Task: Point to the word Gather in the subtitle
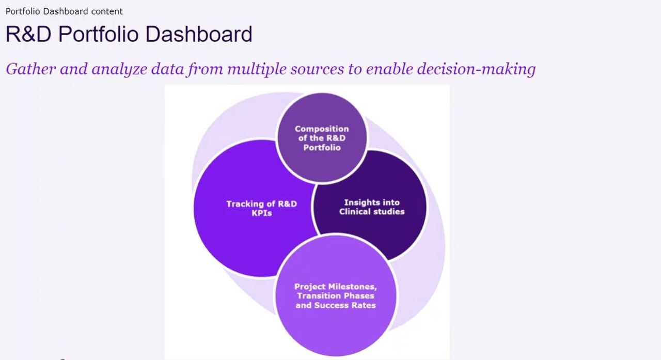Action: pyautogui.click(x=30, y=69)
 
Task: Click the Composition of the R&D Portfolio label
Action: pyautogui.click(x=322, y=138)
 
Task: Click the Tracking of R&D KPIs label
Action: pyautogui.click(x=261, y=208)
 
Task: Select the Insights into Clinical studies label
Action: pyautogui.click(x=372, y=207)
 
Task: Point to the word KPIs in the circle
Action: pyautogui.click(x=261, y=213)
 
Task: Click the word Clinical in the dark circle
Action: pyautogui.click(x=356, y=212)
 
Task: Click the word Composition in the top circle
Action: pyautogui.click(x=322, y=129)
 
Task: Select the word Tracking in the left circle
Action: pyautogui.click(x=246, y=204)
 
